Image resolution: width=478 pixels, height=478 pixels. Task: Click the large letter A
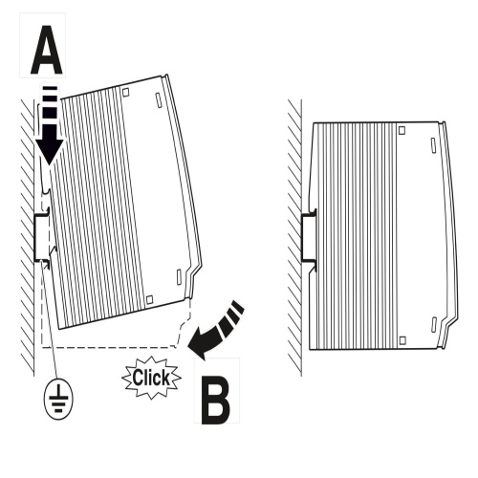pos(47,50)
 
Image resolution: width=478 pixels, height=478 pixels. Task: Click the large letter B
pos(215,397)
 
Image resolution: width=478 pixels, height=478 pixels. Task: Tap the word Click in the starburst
pos(151,378)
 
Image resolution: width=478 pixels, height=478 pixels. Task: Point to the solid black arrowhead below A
pos(49,144)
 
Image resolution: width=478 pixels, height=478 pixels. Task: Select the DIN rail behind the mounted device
pos(309,237)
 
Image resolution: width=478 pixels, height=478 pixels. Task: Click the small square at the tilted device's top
pos(126,92)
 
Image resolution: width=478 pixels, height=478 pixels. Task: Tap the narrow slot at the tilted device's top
pos(159,100)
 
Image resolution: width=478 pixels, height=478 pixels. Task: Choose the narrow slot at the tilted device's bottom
pos(179,277)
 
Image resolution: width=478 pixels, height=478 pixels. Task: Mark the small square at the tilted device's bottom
pos(149,299)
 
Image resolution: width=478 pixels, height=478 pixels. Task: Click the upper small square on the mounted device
pos(402,130)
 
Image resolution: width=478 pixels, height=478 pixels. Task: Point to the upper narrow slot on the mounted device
pos(433,144)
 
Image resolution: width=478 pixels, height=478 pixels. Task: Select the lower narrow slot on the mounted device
pos(434,324)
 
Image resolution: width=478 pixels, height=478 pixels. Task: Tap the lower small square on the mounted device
pos(402,340)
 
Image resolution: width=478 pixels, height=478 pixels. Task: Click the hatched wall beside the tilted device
pos(28,237)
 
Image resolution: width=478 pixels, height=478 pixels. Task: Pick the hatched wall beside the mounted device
pos(294,237)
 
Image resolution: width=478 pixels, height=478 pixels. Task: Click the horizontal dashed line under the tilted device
pos(109,347)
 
